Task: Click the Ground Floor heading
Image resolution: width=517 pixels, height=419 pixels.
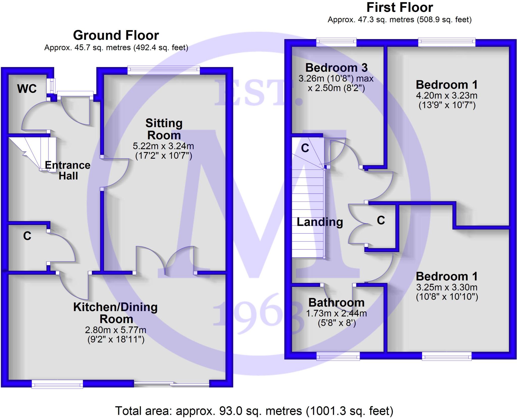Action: pos(116,35)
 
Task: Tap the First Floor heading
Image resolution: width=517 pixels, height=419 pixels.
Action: pos(400,8)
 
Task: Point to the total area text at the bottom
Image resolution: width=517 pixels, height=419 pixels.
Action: pos(254,411)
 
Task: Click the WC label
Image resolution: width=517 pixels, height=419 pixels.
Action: pos(27,89)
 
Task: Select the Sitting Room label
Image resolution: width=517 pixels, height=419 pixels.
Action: pos(164,129)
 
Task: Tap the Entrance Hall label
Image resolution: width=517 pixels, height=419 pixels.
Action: pos(68,171)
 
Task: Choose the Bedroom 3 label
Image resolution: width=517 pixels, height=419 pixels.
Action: pos(336,68)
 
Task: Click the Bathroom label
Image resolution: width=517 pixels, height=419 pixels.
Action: pos(336,302)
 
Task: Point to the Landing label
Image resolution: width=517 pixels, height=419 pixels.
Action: pos(320,222)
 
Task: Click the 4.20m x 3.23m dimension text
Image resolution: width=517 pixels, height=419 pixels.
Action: pos(447,96)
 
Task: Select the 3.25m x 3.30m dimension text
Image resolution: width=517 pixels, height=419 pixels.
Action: pos(447,287)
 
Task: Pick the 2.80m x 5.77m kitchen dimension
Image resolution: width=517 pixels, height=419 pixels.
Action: pos(116,330)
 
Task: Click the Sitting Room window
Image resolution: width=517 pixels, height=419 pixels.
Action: pos(164,70)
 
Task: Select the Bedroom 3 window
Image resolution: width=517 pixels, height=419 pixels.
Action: pos(336,42)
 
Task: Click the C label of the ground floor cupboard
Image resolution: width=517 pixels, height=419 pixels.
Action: pos(27,236)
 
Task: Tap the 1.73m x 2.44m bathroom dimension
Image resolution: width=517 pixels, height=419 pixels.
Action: pos(336,314)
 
